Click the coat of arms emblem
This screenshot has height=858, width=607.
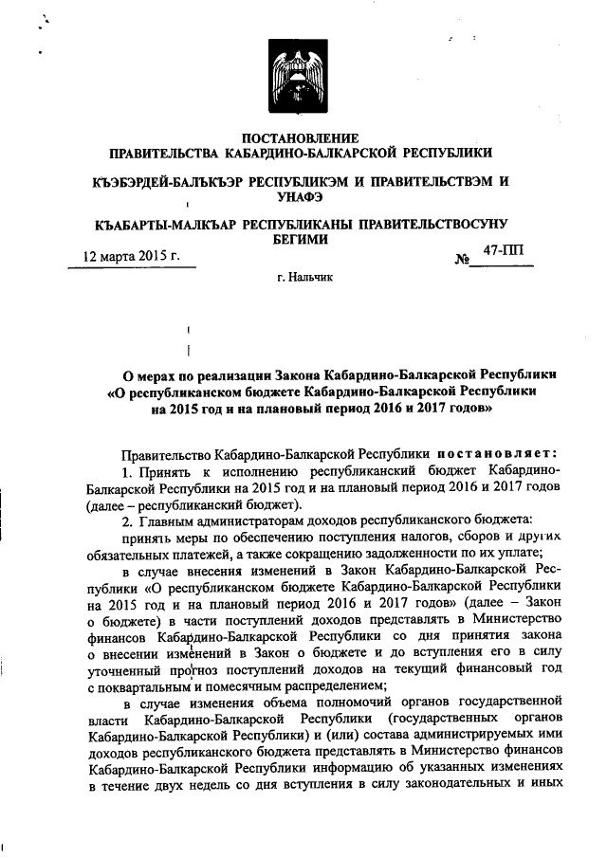301,75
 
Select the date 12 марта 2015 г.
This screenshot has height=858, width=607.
130,256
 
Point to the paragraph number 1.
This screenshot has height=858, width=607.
123,472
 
